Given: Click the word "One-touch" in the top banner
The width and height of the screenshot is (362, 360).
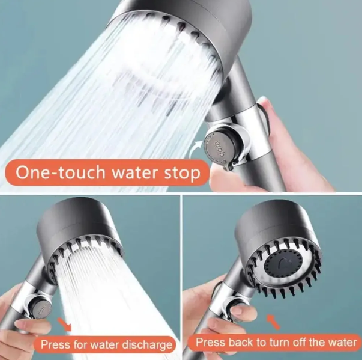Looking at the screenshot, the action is coord(60,172).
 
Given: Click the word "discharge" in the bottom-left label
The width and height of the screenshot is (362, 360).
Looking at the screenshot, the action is coord(147,345).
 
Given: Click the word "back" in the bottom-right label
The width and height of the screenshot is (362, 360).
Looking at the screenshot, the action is coord(240,342).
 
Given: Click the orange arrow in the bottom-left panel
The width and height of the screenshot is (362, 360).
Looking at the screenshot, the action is coord(65,324).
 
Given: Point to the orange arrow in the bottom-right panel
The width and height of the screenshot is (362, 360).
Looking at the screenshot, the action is coord(273,322).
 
